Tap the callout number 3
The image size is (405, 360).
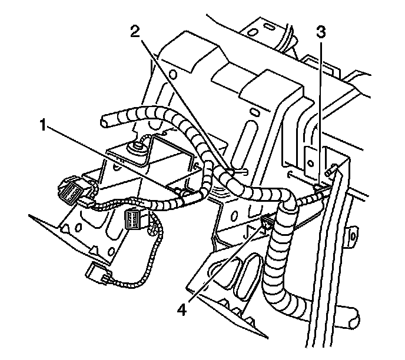tap(320, 33)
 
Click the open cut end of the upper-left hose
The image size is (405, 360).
tap(104, 122)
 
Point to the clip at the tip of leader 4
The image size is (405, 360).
tap(266, 222)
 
